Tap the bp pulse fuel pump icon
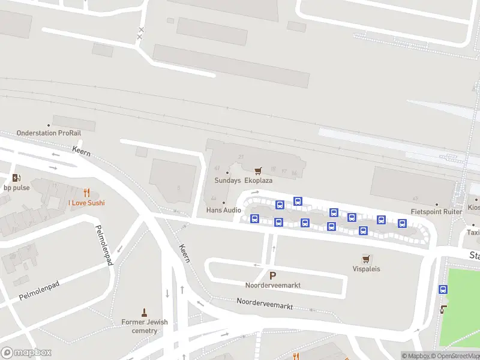(x=16, y=178)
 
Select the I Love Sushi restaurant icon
(x=86, y=193)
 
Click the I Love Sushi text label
(x=86, y=203)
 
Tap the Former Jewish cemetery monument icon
(x=144, y=312)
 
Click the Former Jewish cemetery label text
(x=145, y=326)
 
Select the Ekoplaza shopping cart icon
(x=258, y=171)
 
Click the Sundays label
(x=228, y=180)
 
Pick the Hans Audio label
(x=223, y=210)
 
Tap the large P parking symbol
(x=272, y=275)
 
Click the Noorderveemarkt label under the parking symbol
(x=272, y=285)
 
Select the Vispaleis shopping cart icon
(x=366, y=259)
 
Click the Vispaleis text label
(x=366, y=269)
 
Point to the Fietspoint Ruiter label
(x=436, y=212)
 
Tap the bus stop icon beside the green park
(x=443, y=289)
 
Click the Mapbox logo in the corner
(x=26, y=353)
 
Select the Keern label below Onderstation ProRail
(x=82, y=151)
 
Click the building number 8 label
(x=179, y=188)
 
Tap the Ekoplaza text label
(x=259, y=180)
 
